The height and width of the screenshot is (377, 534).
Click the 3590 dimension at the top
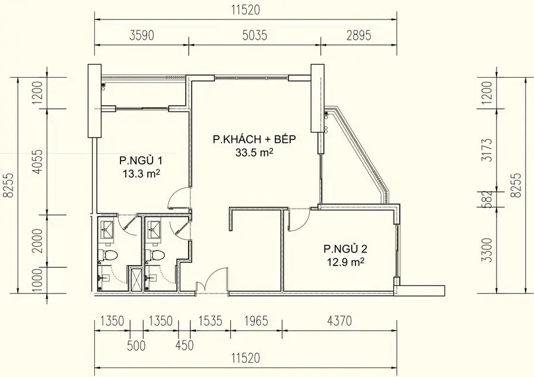(141, 35)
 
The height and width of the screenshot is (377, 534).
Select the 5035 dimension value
(254, 35)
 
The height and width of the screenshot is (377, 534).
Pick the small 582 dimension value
(488, 198)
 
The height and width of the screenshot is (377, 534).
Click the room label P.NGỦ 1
(141, 160)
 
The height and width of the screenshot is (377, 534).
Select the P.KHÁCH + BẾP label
(253, 140)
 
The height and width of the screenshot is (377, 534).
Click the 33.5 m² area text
(254, 152)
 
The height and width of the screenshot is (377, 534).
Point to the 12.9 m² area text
(344, 261)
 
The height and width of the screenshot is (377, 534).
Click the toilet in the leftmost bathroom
(109, 256)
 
